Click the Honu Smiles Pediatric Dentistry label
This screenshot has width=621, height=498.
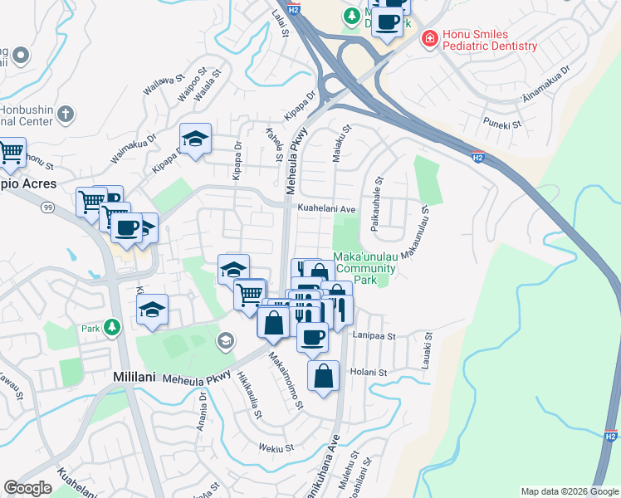click(x=490, y=38)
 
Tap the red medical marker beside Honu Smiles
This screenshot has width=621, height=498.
click(x=430, y=37)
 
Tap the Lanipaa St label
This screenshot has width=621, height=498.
click(x=374, y=336)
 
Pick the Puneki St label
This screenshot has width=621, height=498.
click(x=502, y=124)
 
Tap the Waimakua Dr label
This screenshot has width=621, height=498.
click(x=133, y=153)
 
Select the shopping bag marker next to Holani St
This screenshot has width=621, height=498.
click(x=324, y=375)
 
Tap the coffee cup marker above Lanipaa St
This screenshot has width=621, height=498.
click(x=312, y=336)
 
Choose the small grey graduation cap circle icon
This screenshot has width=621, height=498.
click(x=224, y=340)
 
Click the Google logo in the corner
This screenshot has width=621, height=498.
click(x=27, y=488)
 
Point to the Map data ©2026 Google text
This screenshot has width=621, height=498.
click(x=569, y=491)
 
